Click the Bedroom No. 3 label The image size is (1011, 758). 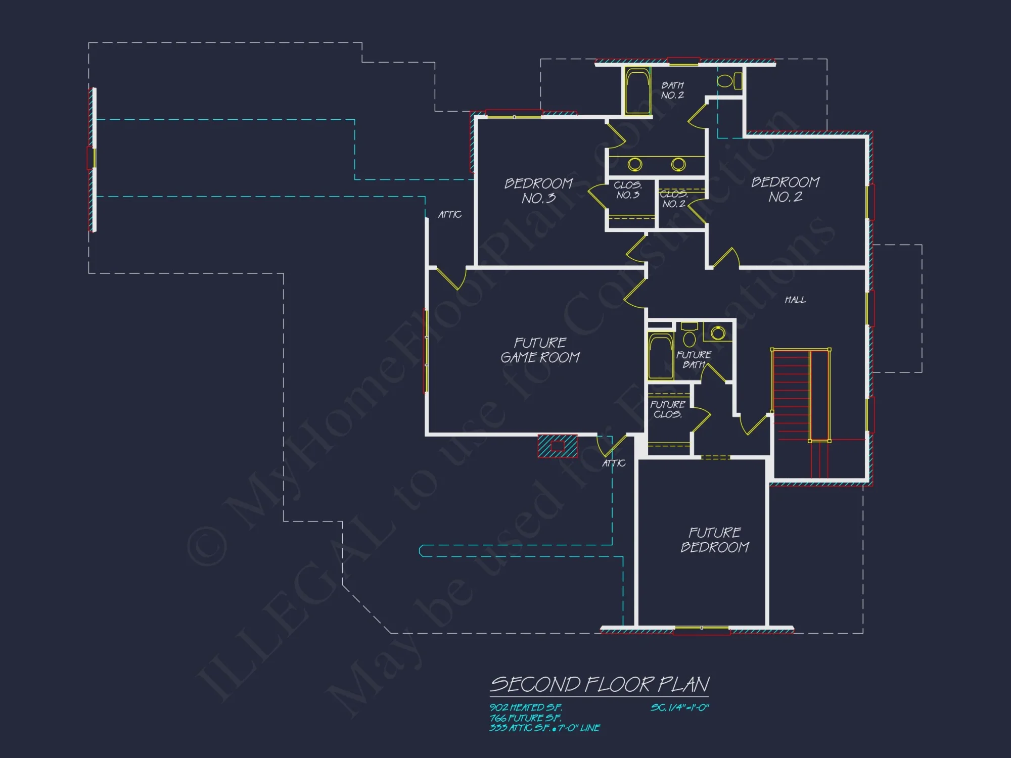[x=539, y=191]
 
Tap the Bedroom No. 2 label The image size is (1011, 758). [x=785, y=189]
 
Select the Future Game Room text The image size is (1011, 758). [x=540, y=350]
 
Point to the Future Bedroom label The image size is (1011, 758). [x=714, y=540]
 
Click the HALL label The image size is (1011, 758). [x=795, y=300]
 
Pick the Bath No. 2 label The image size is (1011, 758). [x=672, y=90]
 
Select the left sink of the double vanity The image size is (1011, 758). [x=635, y=164]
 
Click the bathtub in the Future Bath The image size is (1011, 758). [x=660, y=356]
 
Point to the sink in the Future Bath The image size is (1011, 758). [x=718, y=333]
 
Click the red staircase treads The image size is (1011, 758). [x=791, y=394]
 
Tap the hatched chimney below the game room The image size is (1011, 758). [x=557, y=446]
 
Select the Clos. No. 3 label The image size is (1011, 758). [x=628, y=190]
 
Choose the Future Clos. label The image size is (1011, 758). [x=667, y=409]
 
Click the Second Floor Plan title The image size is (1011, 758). [x=600, y=685]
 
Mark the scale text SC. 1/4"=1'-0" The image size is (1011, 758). [x=679, y=707]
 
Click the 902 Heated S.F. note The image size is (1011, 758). [x=526, y=707]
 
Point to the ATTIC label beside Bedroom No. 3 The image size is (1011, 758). [x=449, y=215]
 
